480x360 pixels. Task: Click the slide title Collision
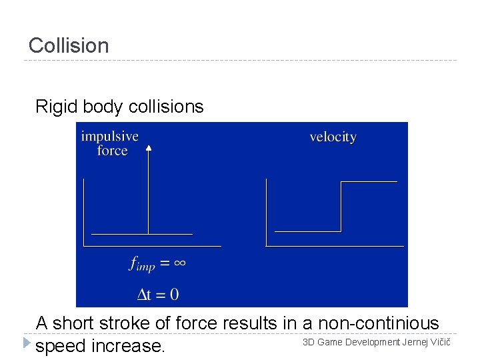click(x=69, y=46)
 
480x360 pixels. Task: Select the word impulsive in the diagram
click(x=110, y=137)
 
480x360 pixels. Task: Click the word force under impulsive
click(x=112, y=151)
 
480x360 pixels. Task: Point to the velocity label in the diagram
click(x=333, y=137)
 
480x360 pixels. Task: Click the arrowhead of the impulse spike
click(x=149, y=149)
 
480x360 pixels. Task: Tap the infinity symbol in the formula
click(x=179, y=263)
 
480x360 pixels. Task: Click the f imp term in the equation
click(x=141, y=265)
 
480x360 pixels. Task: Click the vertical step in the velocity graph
click(x=341, y=207)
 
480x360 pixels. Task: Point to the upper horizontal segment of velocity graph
click(x=369, y=181)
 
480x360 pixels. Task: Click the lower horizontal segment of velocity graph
click(x=307, y=231)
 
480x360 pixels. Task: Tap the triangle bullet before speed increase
click(x=26, y=343)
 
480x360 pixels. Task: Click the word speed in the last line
click(x=61, y=347)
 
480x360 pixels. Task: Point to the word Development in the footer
click(x=372, y=342)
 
